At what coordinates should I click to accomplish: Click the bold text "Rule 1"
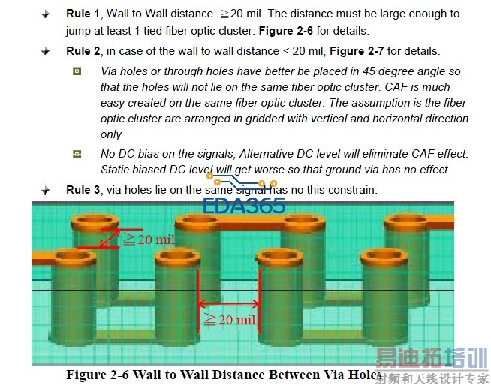pos(82,14)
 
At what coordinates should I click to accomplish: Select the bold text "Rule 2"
pos(82,51)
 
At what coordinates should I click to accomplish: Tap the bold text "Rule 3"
pos(82,190)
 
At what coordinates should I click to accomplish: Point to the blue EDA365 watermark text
pos(244,204)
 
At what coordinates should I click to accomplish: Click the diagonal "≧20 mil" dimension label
pos(149,240)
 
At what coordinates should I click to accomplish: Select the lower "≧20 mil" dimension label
pos(229,321)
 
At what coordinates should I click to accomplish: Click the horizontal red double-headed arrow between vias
pos(228,304)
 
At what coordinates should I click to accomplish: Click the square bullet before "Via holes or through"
pos(77,71)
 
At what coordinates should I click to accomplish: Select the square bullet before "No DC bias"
pos(77,154)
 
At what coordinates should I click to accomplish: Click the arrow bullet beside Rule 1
pos(47,14)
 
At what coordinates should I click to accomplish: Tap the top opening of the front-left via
pos(73,257)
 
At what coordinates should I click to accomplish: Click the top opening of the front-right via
pos(383,257)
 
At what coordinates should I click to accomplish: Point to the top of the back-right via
pos(408,221)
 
